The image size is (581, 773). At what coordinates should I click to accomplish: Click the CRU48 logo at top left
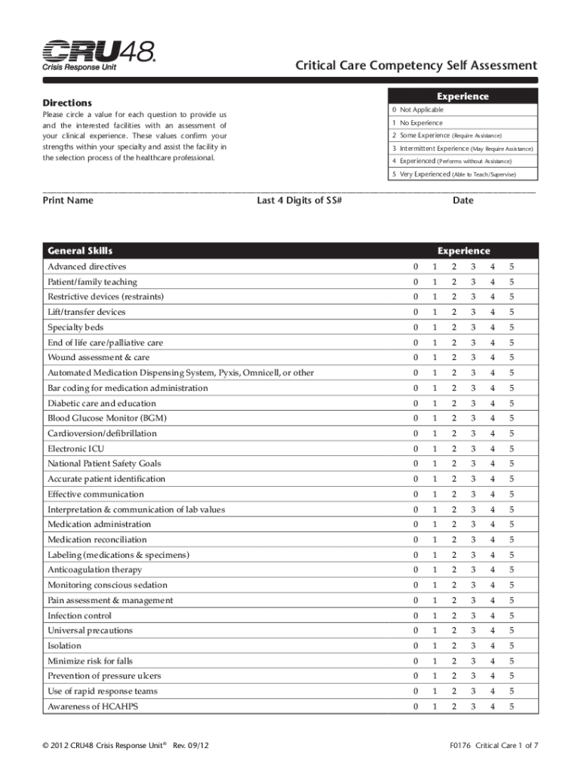[x=99, y=56]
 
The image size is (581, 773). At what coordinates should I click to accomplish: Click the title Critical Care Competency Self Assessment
[x=416, y=66]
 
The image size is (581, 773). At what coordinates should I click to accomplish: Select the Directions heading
[x=67, y=102]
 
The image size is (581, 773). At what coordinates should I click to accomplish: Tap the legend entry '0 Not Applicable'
[x=417, y=109]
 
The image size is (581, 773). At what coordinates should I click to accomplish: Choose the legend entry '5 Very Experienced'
[x=453, y=174]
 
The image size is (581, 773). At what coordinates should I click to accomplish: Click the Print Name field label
[x=69, y=201]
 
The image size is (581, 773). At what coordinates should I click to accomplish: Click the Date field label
[x=463, y=201]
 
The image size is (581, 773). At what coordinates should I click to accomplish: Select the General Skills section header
[x=80, y=251]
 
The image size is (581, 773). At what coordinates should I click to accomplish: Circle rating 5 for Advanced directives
[x=512, y=266]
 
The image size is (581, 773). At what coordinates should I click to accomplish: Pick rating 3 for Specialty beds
[x=473, y=328]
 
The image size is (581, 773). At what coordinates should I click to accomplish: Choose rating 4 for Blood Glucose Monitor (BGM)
[x=493, y=418]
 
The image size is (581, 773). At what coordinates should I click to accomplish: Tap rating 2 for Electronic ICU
[x=453, y=448]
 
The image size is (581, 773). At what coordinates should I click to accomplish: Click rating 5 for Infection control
[x=512, y=615]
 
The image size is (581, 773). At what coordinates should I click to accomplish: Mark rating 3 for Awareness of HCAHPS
[x=473, y=707]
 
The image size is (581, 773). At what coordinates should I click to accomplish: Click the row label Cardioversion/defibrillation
[x=102, y=433]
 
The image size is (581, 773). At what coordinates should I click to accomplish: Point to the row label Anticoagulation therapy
[x=94, y=570]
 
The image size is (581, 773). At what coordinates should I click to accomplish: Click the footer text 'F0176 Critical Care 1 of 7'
[x=493, y=746]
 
